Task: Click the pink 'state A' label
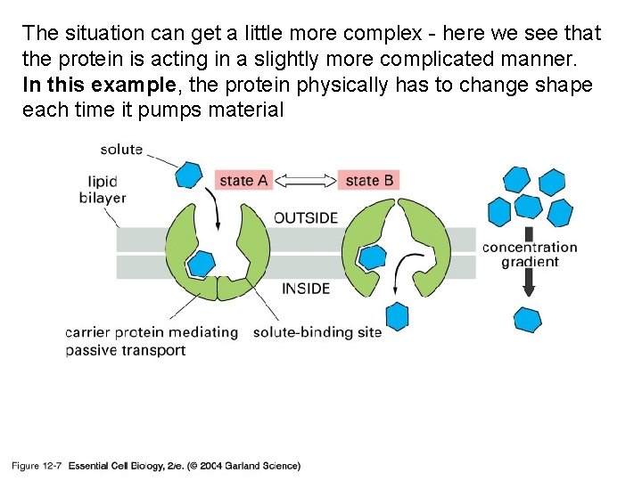(243, 180)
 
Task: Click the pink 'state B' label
(368, 180)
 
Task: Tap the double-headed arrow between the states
(306, 180)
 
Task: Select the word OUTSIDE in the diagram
(306, 217)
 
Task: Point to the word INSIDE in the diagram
(306, 289)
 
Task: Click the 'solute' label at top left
(121, 149)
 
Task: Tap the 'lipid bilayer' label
(103, 189)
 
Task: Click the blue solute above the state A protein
(188, 174)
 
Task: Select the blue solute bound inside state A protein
(202, 263)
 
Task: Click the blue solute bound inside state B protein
(372, 257)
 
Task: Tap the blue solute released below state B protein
(396, 315)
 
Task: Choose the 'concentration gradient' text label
(530, 254)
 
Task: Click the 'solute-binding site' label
(317, 332)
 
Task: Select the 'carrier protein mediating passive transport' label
(152, 341)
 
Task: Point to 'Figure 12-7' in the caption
(36, 466)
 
